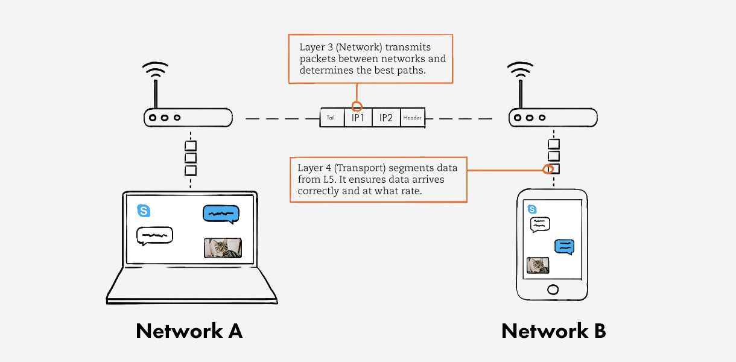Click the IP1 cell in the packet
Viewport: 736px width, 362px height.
click(x=358, y=118)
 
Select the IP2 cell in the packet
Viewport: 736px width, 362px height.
click(x=386, y=118)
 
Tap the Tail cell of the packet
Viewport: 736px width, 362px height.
click(x=331, y=118)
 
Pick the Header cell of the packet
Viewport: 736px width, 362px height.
click(x=413, y=118)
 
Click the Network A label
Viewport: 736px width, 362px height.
click(x=189, y=331)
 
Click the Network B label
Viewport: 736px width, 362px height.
click(x=553, y=331)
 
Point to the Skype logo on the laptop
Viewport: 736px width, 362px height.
click(x=144, y=211)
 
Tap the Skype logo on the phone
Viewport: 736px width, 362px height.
click(x=532, y=209)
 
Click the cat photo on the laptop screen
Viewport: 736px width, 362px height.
click(x=223, y=248)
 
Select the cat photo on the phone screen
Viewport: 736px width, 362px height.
click(x=538, y=265)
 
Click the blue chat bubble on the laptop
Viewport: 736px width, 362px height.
click(x=221, y=214)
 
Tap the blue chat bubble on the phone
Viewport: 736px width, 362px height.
click(x=564, y=246)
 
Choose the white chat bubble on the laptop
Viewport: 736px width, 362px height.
click(x=154, y=235)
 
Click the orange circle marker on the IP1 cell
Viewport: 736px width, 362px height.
click(x=357, y=107)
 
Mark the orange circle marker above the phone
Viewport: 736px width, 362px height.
click(x=548, y=170)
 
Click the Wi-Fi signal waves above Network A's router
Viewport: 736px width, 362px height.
click(x=155, y=70)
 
